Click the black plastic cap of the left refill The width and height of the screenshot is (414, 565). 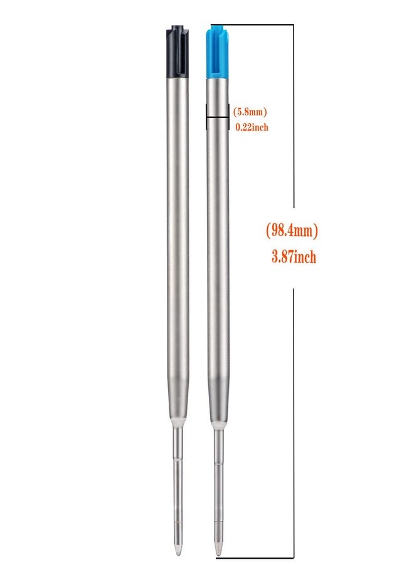pos(178,51)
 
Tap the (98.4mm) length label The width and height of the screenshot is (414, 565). pos(292,230)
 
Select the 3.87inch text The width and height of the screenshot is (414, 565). pos(294,257)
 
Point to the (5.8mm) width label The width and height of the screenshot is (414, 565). pos(250,112)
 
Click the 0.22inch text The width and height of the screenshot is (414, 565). pos(252,127)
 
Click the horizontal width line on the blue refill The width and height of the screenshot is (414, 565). pos(218,117)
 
